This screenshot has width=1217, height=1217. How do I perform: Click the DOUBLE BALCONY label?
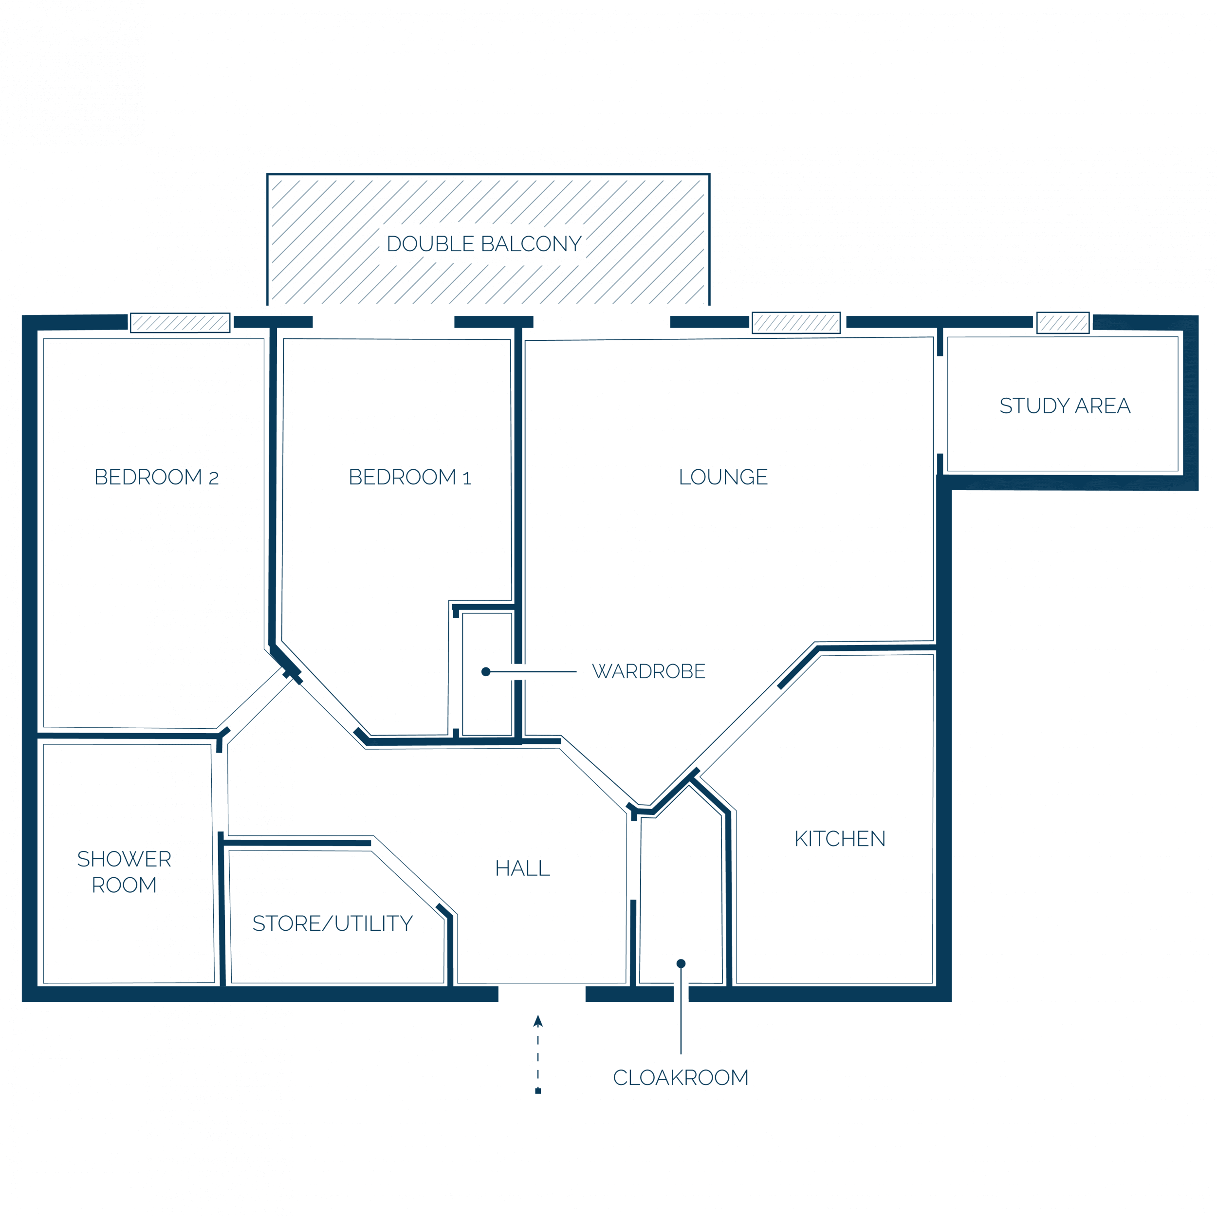(484, 244)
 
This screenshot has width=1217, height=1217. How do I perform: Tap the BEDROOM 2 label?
(156, 477)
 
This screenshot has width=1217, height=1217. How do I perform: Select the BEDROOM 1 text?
(410, 477)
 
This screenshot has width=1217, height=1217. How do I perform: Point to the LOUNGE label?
(723, 477)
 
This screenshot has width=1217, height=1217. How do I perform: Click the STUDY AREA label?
(1065, 406)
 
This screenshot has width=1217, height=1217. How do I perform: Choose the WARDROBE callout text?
(649, 671)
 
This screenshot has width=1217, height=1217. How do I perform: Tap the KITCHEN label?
(840, 838)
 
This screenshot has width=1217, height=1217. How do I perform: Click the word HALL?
(523, 868)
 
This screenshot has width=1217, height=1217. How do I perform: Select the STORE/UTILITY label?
(332, 923)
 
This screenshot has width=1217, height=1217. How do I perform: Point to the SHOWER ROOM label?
(124, 872)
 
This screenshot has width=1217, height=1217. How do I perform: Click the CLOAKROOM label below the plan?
(681, 1077)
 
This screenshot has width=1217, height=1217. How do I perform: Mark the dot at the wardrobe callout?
(486, 671)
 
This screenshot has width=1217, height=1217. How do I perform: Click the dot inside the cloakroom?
(681, 963)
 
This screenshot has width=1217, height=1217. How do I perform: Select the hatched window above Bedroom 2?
(180, 323)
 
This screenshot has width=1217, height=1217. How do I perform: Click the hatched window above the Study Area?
(1063, 323)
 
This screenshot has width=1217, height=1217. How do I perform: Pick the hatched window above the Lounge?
(796, 323)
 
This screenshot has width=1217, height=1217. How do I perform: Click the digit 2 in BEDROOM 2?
(214, 479)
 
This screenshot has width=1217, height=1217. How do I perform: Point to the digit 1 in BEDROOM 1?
(467, 479)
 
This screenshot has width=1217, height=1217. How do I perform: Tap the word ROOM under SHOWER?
(124, 885)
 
